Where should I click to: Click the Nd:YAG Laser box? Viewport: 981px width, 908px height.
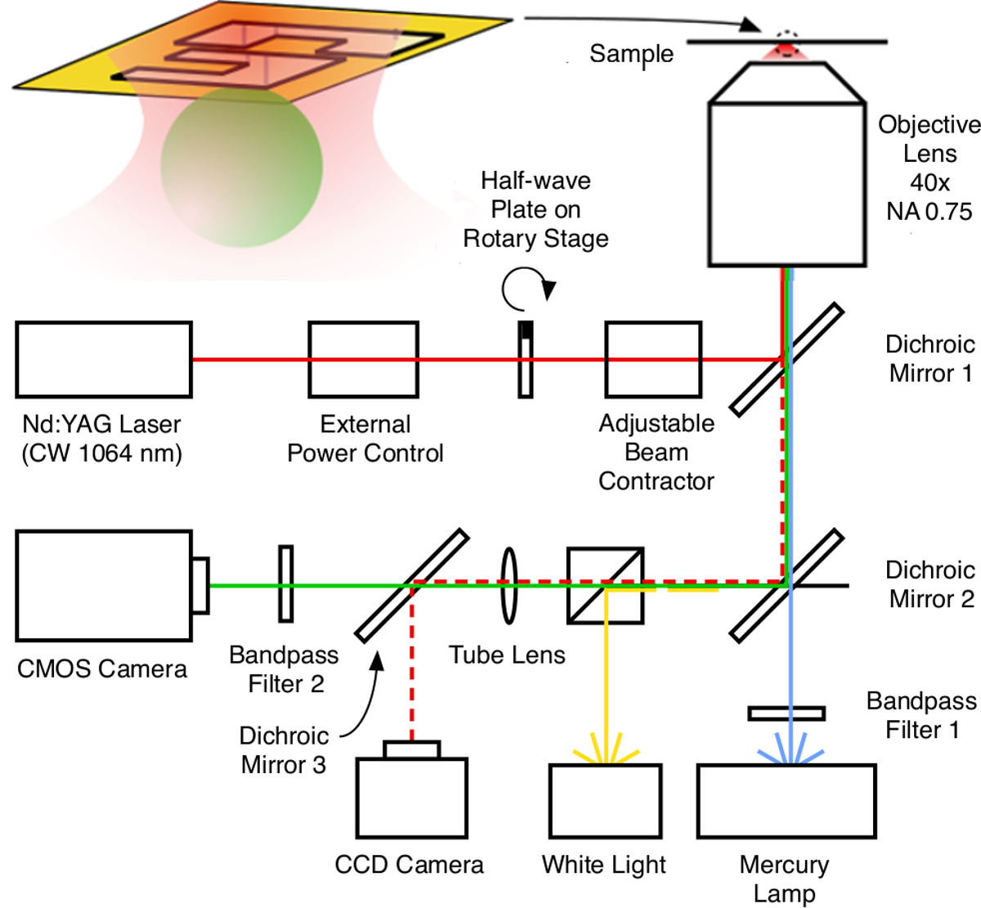click(104, 359)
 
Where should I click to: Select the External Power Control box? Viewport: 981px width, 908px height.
click(363, 359)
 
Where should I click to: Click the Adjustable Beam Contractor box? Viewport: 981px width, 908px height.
click(653, 359)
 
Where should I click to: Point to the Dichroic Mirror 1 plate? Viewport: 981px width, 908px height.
click(786, 359)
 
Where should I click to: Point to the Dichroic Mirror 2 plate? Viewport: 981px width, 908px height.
click(786, 585)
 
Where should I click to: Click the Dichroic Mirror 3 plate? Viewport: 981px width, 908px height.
click(411, 585)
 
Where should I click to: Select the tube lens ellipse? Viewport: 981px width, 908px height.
click(508, 586)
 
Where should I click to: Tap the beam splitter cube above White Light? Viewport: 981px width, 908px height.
click(605, 585)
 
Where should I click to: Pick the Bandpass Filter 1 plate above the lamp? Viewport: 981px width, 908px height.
click(786, 713)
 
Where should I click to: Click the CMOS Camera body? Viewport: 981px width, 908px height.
click(104, 585)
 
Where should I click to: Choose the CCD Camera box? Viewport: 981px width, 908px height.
click(411, 797)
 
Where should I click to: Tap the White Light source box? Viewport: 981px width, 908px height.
click(605, 801)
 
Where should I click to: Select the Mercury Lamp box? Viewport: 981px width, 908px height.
click(786, 801)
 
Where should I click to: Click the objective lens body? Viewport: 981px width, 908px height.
click(786, 183)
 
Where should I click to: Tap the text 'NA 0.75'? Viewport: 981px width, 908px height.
click(929, 212)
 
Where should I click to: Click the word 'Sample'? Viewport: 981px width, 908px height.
click(631, 54)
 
